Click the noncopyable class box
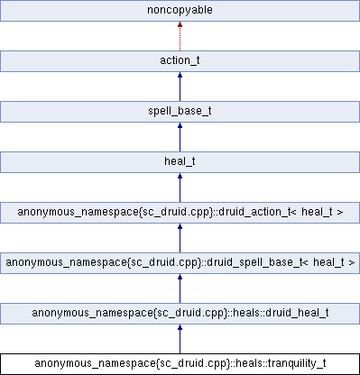[x=180, y=12]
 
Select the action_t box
[x=180, y=62]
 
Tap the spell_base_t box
[x=180, y=113]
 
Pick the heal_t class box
[x=180, y=163]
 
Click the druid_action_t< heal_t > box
[x=180, y=214]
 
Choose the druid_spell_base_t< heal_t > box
[x=180, y=264]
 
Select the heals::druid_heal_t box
[x=180, y=314]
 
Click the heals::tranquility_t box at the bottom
[x=180, y=364]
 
